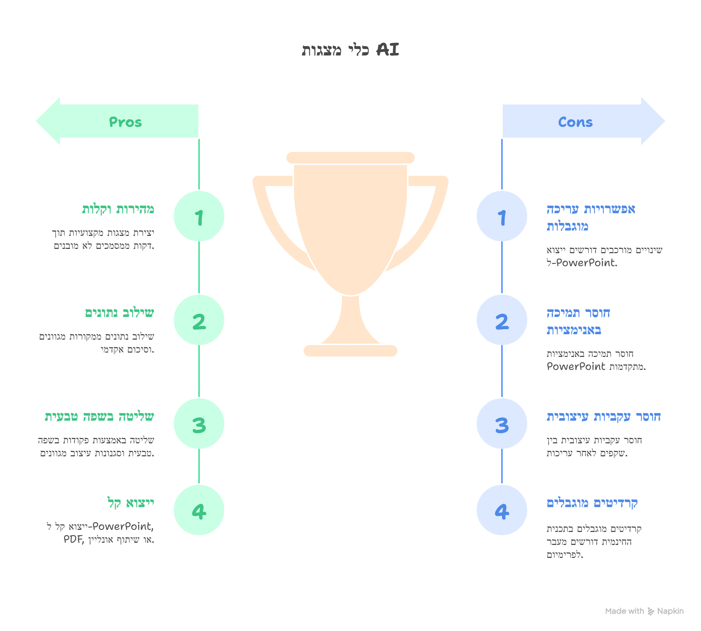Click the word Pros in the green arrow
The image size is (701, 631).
coord(125,122)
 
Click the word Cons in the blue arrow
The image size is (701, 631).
coord(575,122)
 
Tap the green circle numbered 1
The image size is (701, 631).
coord(199,216)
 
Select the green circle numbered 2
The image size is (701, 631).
coord(199,320)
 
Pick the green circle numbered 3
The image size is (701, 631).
coord(199,424)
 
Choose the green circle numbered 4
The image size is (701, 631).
coord(199,510)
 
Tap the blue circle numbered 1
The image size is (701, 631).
coord(502,216)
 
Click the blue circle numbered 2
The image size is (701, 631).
coord(502,320)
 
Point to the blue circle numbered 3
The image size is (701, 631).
coord(502,424)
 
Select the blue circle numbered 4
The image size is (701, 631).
coord(502,510)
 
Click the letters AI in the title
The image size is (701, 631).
coord(388,50)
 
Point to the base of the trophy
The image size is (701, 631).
coord(350,350)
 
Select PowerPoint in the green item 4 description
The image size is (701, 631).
coord(123,527)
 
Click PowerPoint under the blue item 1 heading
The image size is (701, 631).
coord(586,263)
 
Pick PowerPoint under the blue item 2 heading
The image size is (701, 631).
coord(576,367)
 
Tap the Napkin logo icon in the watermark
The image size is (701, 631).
coord(651,611)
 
